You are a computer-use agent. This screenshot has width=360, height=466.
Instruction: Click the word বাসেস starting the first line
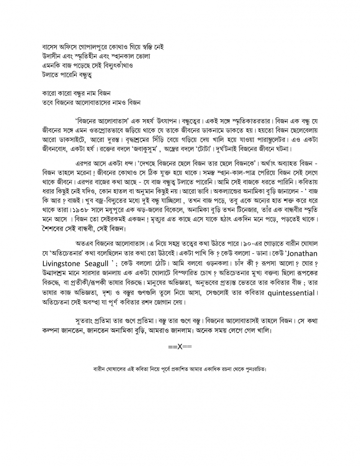(51, 47)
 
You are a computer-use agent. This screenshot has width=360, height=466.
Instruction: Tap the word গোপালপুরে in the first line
(95, 47)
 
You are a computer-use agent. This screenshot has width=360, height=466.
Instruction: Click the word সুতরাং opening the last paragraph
(87, 321)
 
